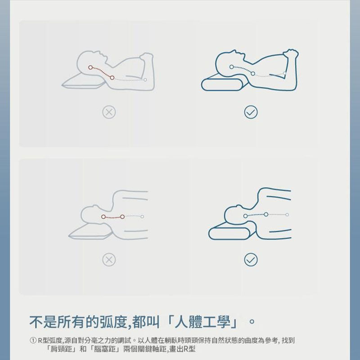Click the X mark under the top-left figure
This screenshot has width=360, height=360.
pos(109,112)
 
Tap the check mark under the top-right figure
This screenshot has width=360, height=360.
pos(251,112)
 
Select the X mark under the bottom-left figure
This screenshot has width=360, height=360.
pos(109,260)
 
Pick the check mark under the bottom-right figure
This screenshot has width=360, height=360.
pos(251,260)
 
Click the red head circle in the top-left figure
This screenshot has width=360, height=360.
pos(90,67)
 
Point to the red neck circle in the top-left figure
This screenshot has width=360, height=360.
pos(112,77)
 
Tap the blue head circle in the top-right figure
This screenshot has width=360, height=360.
pos(231,67)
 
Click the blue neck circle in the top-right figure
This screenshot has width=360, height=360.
pos(253,73)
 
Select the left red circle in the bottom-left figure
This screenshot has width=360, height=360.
pos(103,217)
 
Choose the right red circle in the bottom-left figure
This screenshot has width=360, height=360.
pos(122,217)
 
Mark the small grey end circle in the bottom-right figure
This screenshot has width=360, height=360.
pos(287,215)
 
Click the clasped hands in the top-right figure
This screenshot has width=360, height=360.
pos(291,54)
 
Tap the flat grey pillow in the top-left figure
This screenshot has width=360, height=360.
pos(84,81)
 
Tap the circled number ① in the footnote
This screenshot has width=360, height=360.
pos(33,340)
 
